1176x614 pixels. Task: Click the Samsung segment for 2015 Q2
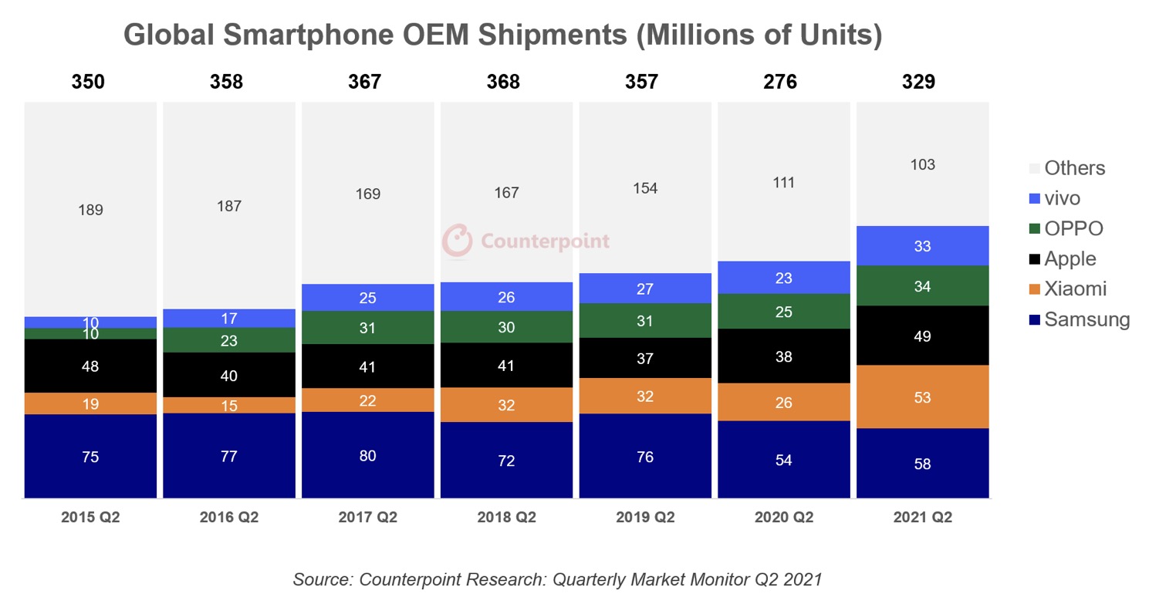pyautogui.click(x=90, y=457)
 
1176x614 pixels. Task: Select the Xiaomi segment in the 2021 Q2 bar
pyautogui.click(x=922, y=396)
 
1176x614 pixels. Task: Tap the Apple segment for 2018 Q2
pyautogui.click(x=506, y=365)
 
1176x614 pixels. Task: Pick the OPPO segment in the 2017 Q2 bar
pyautogui.click(x=367, y=327)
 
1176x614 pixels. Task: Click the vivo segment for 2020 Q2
pyautogui.click(x=783, y=278)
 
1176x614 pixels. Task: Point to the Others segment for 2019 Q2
pyautogui.click(x=645, y=188)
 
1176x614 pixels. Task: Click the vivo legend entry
pyautogui.click(x=1062, y=198)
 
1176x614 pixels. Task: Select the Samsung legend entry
pyautogui.click(x=1086, y=319)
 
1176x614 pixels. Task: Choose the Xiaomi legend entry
pyautogui.click(x=1075, y=289)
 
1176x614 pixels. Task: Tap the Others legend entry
pyautogui.click(x=1074, y=168)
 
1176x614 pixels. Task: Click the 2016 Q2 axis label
pyautogui.click(x=229, y=517)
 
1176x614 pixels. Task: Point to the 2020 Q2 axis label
pyautogui.click(x=783, y=517)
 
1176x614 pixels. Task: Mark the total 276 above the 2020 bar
pyautogui.click(x=780, y=82)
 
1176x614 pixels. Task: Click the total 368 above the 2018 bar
pyautogui.click(x=503, y=82)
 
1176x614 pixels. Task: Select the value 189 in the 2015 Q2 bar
pyautogui.click(x=90, y=210)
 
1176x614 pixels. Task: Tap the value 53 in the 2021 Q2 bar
pyautogui.click(x=922, y=398)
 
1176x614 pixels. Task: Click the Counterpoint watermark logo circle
pyautogui.click(x=457, y=241)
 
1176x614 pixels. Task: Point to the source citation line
pyautogui.click(x=557, y=579)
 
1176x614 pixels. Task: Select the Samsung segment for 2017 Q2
pyautogui.click(x=367, y=455)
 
